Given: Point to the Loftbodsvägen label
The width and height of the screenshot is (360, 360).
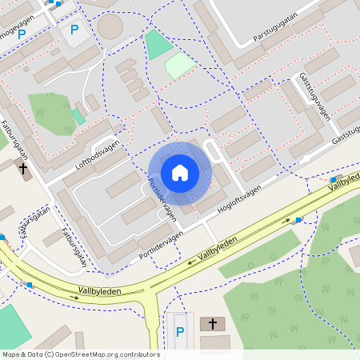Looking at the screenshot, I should pos(97,152).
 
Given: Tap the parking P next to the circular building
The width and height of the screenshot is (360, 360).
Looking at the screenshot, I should pos(74,30).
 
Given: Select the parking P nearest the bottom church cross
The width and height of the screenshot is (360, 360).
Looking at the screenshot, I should pos(179,331).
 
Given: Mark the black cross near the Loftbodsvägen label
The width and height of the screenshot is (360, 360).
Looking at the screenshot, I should pos(24,169).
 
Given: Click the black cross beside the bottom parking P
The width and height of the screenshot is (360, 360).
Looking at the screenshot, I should pos(213,324).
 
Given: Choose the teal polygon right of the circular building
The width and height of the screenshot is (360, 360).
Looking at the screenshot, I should pos(158,44).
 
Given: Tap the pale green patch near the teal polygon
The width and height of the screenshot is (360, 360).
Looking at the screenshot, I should pos(180,66).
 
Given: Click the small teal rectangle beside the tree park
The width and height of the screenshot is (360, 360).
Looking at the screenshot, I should pos(78,117).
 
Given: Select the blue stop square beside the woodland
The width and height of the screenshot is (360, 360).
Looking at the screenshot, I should pos(298,220).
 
